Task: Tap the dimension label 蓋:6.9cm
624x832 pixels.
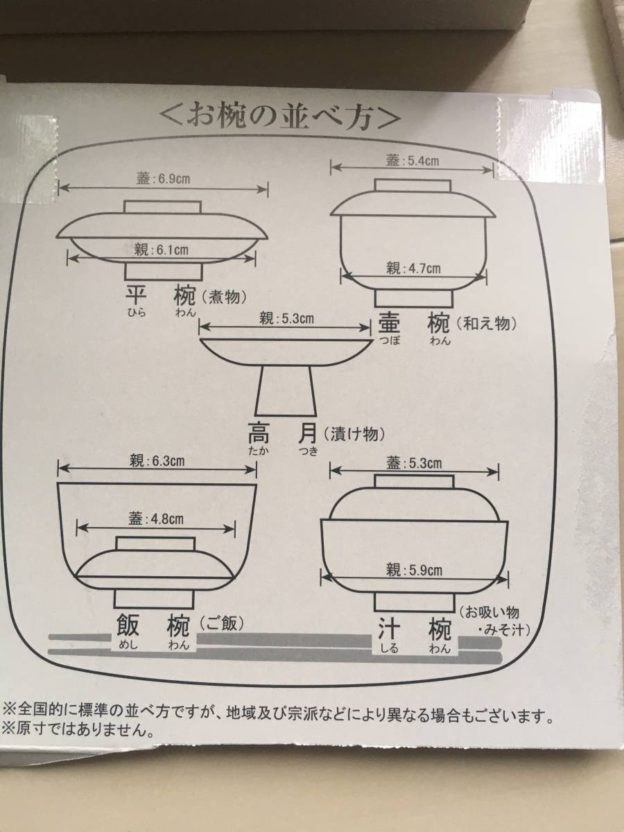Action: coord(164,179)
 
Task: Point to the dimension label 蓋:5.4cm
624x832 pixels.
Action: coord(413,161)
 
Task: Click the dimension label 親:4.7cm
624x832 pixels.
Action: coord(414,269)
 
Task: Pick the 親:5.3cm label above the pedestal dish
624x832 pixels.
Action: coord(286,319)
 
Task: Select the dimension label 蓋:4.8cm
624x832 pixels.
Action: coord(156,519)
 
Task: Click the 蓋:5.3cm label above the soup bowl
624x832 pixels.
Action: coord(414,463)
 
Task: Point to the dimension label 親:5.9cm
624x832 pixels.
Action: coord(414,570)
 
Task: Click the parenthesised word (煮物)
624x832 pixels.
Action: coord(223,297)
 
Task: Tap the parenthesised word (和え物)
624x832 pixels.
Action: coord(487,323)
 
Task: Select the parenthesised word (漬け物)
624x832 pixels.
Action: coord(354,433)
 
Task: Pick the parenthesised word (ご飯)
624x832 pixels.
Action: coord(222,623)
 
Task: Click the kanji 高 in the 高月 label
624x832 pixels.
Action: coord(259,434)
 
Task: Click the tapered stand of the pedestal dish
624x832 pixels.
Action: coord(285,392)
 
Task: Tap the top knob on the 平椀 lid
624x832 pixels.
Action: coord(162,207)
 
